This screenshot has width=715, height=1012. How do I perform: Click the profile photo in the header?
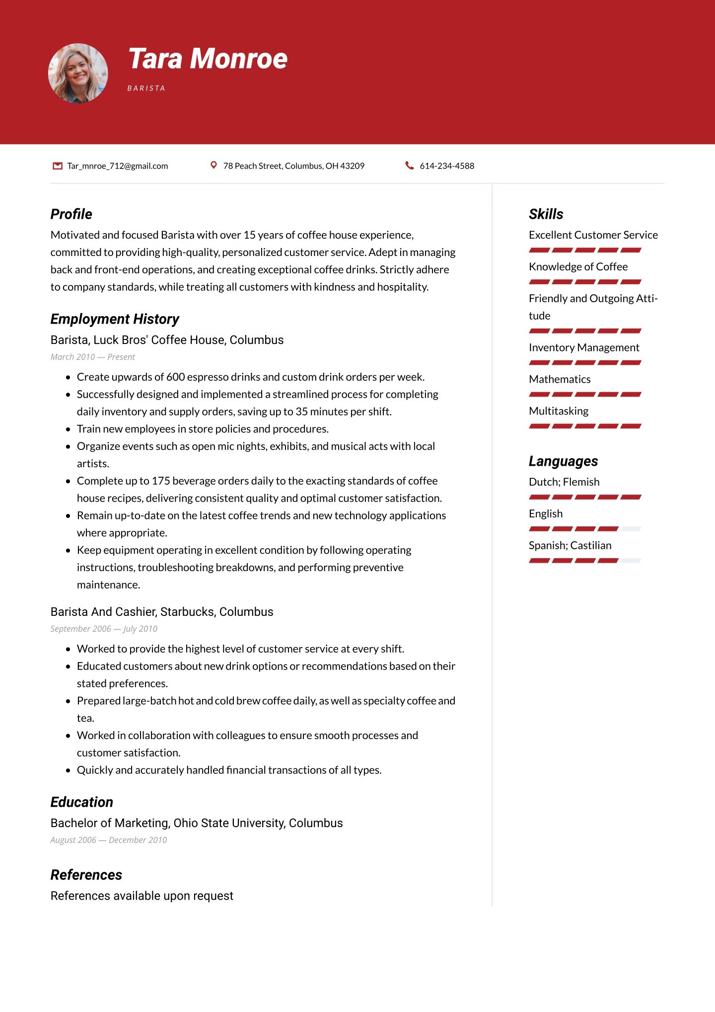(78, 74)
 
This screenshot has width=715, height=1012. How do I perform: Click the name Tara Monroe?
(208, 59)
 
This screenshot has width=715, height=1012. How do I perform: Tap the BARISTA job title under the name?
(146, 88)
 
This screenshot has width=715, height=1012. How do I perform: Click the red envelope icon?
(58, 166)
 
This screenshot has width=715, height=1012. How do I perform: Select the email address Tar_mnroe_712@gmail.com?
(118, 166)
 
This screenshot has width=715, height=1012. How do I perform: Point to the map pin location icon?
(214, 165)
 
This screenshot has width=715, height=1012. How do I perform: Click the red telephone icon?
(409, 166)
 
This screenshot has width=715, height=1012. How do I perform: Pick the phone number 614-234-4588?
(447, 166)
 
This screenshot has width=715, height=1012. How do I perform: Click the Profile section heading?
(71, 214)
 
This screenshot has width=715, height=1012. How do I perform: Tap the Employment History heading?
(115, 319)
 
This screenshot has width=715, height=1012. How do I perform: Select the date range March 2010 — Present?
(92, 357)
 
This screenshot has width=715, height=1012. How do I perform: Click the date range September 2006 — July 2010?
(104, 629)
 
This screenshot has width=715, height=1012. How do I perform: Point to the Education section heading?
(82, 802)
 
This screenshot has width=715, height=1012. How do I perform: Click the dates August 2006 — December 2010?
(108, 840)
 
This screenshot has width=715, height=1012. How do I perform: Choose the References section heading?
(86, 875)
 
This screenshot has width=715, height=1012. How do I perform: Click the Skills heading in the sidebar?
(546, 214)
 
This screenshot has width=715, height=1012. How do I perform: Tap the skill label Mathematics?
(560, 379)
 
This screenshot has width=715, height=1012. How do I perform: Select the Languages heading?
(563, 461)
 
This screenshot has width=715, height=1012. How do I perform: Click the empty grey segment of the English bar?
(631, 529)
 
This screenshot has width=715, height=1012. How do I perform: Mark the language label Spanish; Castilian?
(570, 545)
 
